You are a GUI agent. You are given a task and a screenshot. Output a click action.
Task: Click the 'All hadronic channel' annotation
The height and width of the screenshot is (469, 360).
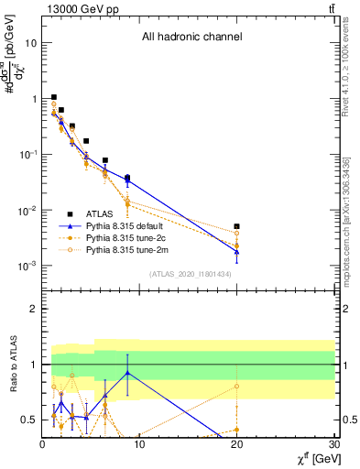coord(191,38)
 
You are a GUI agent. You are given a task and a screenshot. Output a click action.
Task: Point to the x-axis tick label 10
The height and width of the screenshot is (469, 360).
coord(139,445)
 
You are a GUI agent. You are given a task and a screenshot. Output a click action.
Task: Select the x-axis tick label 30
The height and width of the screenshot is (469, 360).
coord(333,445)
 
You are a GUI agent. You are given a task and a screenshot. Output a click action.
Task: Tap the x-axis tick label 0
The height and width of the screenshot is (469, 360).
coord(43,445)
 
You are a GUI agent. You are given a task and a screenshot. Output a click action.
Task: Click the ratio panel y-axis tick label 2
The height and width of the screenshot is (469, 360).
coord(33,309)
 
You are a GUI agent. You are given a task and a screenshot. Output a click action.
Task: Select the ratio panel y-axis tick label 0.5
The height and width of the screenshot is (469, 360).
coord(29,420)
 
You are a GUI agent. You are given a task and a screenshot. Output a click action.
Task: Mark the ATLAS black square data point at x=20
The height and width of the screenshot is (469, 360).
coord(236,226)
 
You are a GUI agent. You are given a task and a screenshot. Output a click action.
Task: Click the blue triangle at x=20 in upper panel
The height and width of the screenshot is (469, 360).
coord(236,251)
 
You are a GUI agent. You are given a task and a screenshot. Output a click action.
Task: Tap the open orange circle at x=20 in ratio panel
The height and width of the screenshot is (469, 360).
coord(236,387)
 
